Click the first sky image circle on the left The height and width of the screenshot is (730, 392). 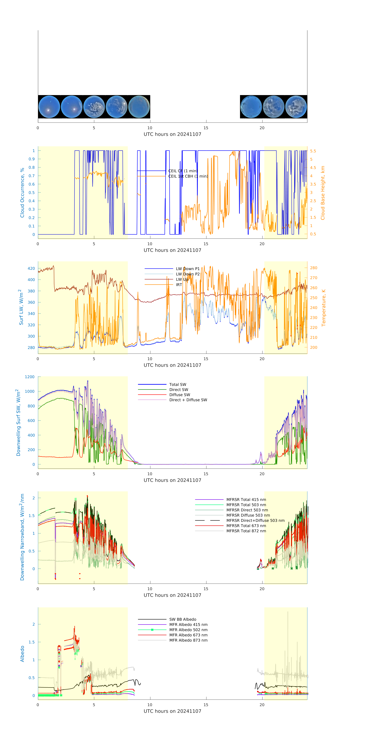[x=49, y=107]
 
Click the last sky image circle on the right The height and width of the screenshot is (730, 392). [x=296, y=107]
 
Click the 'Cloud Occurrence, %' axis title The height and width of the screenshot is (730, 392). [x=22, y=193]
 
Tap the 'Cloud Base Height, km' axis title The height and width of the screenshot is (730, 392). [x=323, y=193]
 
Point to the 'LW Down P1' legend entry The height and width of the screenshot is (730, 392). [x=188, y=269]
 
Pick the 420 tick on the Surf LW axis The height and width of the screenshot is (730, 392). [x=31, y=268]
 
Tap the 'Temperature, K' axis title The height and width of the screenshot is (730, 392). [x=323, y=308]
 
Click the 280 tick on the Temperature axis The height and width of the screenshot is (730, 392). [x=313, y=268]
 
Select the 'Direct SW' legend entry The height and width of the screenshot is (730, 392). [x=179, y=390]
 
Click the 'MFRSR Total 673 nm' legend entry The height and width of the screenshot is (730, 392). [x=246, y=526]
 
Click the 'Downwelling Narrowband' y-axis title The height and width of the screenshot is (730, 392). [x=22, y=537]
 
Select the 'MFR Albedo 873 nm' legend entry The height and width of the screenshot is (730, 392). [x=188, y=640]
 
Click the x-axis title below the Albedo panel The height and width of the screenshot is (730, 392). [x=172, y=711]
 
